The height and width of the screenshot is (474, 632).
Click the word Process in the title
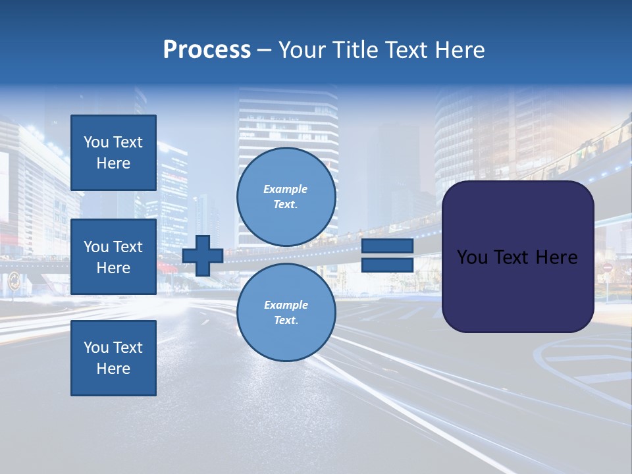click(207, 50)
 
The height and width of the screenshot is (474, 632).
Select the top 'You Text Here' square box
click(113, 153)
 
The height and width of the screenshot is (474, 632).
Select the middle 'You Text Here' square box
click(113, 257)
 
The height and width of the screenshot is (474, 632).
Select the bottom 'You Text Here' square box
click(113, 357)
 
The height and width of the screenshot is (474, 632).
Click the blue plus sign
click(203, 255)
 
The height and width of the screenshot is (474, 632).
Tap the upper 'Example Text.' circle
click(286, 197)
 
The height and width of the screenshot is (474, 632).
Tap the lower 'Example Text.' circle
click(286, 313)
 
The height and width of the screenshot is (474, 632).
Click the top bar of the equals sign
click(387, 246)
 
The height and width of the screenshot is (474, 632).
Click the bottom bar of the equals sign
click(387, 265)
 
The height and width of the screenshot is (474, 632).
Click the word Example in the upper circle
click(286, 189)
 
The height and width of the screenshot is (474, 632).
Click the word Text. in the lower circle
click(286, 321)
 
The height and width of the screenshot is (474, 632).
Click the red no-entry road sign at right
click(607, 268)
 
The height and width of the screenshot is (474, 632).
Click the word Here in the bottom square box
click(113, 369)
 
